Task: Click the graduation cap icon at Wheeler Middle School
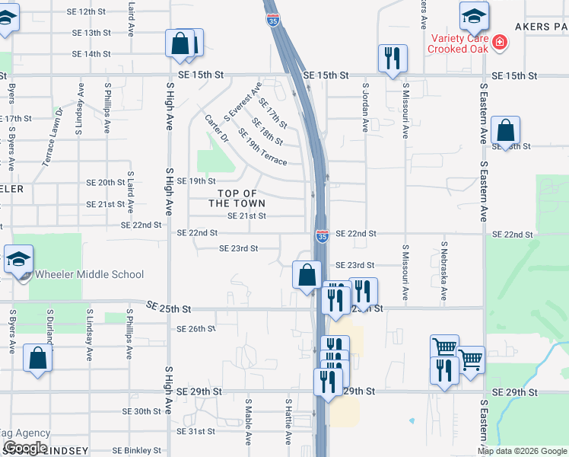[18, 260]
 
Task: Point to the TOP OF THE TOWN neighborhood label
[237, 198]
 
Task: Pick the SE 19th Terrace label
[262, 147]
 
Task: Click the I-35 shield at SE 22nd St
[323, 237]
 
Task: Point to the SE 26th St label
[196, 329]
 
